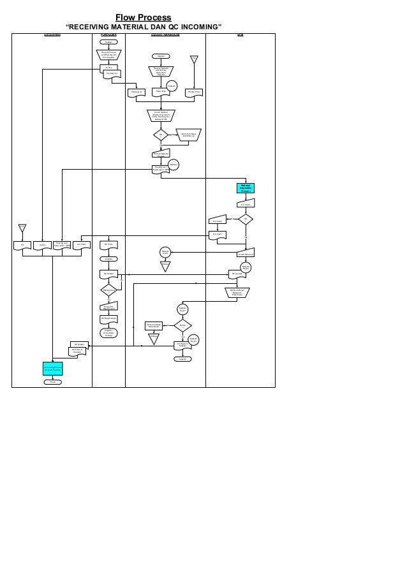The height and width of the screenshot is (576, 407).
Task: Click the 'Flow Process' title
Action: pos(143,17)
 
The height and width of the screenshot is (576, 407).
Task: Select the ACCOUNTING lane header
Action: pos(52,34)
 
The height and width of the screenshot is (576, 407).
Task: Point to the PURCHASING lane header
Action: pos(108,34)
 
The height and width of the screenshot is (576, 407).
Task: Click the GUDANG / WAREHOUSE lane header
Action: pos(165,34)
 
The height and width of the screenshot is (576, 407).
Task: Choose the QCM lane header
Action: pos(240,34)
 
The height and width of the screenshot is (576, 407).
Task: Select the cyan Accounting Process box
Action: pos(53,369)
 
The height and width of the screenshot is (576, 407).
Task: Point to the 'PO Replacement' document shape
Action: pos(109,318)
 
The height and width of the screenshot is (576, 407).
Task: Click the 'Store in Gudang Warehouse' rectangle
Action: pos(153,325)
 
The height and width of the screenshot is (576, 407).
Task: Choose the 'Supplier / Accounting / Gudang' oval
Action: pos(109,333)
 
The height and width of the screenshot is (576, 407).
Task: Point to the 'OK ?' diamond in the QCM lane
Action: pos(246,220)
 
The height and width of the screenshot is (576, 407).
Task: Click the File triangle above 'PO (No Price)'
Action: pos(195,60)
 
